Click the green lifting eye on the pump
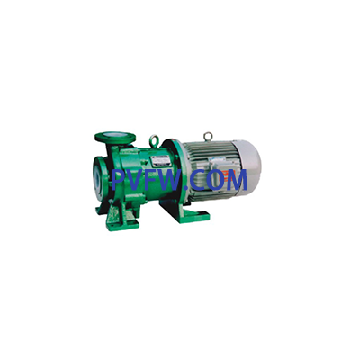(154, 140)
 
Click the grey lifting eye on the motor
(208, 137)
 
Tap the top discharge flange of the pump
(115, 138)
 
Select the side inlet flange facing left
(98, 178)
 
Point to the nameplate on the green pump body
(160, 161)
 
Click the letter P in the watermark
(119, 180)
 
